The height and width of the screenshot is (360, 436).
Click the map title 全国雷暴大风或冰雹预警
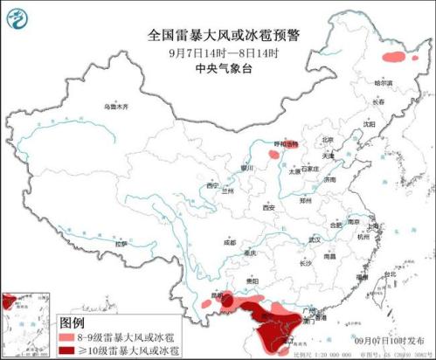[x=218, y=35]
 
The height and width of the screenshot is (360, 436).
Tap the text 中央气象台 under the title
[x=218, y=70]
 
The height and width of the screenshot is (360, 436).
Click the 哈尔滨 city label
[x=384, y=83]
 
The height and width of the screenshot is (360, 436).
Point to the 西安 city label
[x=269, y=207]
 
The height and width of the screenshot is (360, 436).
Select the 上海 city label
[x=371, y=225]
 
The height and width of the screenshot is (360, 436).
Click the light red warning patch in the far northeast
[x=395, y=58]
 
